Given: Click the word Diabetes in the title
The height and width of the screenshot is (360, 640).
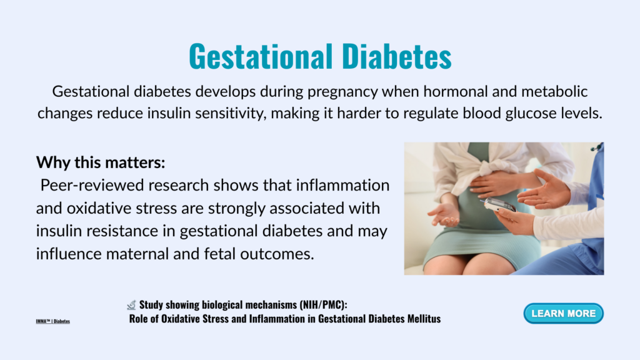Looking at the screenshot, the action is (x=397, y=56).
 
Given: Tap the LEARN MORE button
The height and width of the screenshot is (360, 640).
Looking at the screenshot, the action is (x=563, y=314).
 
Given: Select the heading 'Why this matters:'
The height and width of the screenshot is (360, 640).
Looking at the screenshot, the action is (x=101, y=162).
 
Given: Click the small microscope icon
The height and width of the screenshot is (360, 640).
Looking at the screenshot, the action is (x=131, y=305).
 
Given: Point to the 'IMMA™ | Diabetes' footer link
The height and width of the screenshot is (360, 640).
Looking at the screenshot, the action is (x=52, y=321).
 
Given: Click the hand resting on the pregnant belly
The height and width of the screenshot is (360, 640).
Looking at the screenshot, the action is (x=493, y=184).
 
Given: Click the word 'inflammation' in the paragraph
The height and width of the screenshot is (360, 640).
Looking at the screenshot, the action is (x=343, y=185).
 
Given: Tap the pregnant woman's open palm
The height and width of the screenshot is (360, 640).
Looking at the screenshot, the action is (x=445, y=214).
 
